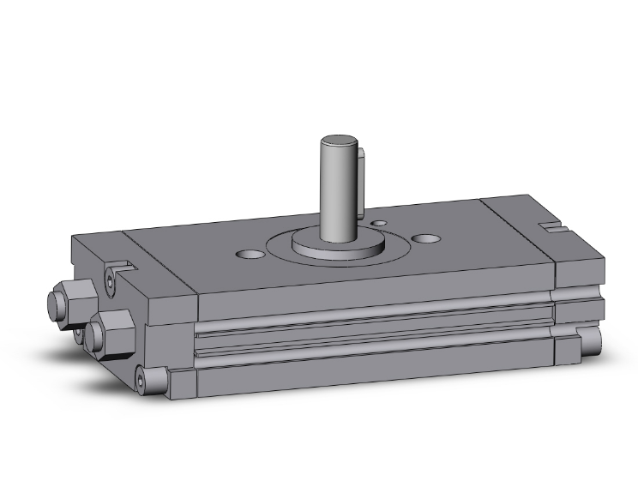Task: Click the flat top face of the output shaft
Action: coord(338,141)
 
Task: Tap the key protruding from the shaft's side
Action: coord(364,180)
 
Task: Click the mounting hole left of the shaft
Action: coord(250,255)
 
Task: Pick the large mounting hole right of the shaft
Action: coord(424,239)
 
